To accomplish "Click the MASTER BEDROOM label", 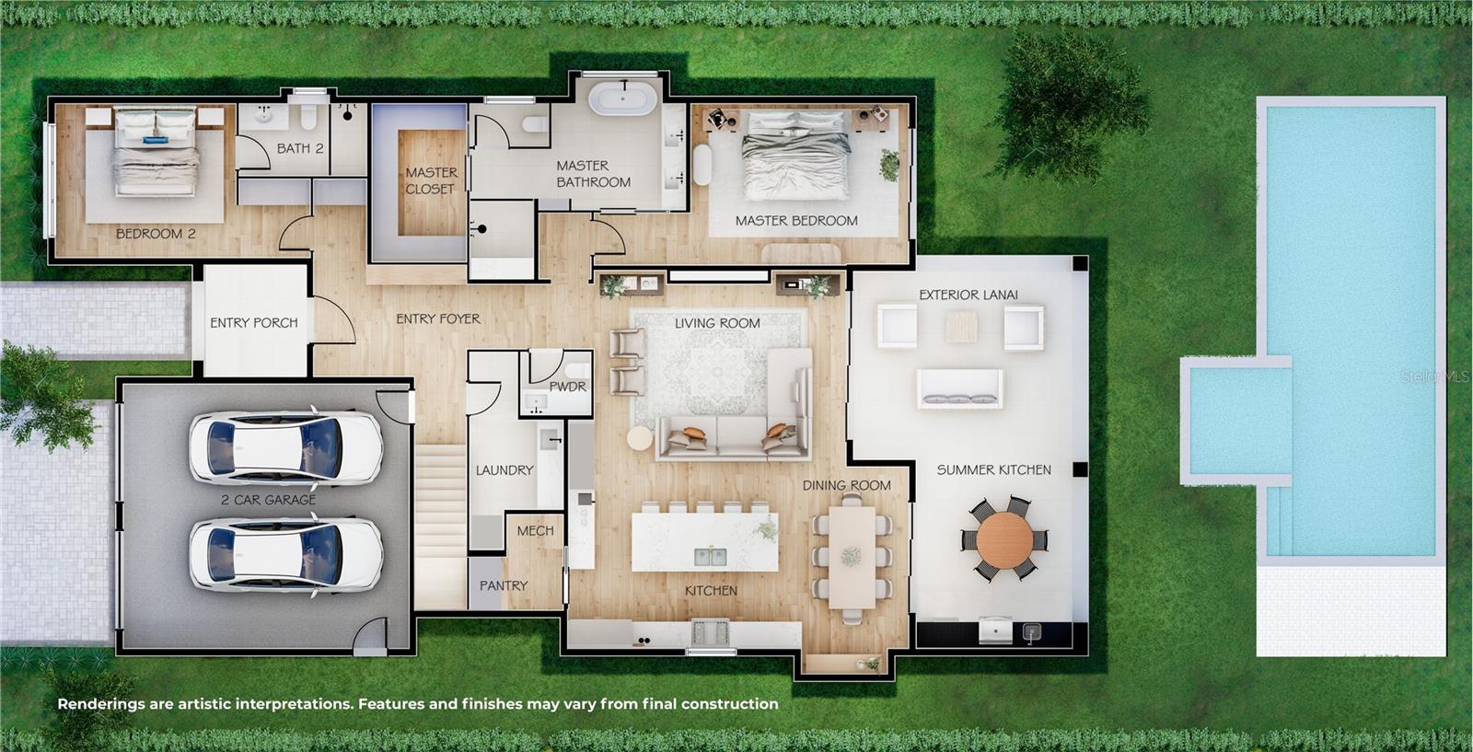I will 795,221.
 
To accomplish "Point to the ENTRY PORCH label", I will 253,323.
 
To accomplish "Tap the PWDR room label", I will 567,387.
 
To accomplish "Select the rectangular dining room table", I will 852,557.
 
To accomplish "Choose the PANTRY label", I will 503,585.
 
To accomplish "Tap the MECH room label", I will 535,531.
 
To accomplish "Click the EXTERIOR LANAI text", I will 968,295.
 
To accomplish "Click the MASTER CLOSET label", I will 430,180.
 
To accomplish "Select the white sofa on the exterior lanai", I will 959,388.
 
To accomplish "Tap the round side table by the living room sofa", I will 640,438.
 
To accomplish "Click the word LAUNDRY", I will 504,470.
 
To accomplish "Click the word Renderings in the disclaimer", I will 100,704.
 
